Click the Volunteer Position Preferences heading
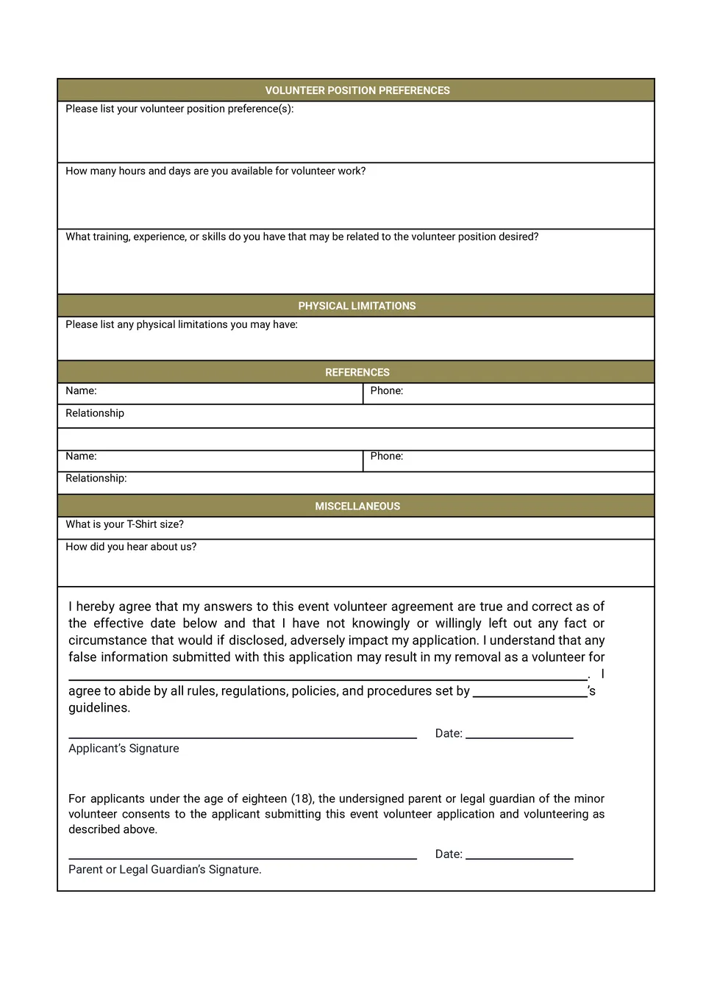tap(357, 90)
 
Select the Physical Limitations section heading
tap(357, 306)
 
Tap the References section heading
tap(357, 373)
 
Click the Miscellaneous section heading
tap(357, 507)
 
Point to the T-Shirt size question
tap(124, 524)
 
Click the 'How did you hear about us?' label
tap(131, 547)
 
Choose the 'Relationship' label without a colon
tap(95, 413)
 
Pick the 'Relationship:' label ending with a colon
tap(96, 479)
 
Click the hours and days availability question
tap(215, 171)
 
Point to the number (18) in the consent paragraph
tap(302, 799)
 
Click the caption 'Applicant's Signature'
tap(124, 748)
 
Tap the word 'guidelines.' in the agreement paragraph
tap(99, 708)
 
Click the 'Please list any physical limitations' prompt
tap(182, 325)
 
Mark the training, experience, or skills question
tap(302, 237)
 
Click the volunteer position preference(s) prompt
tap(179, 109)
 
